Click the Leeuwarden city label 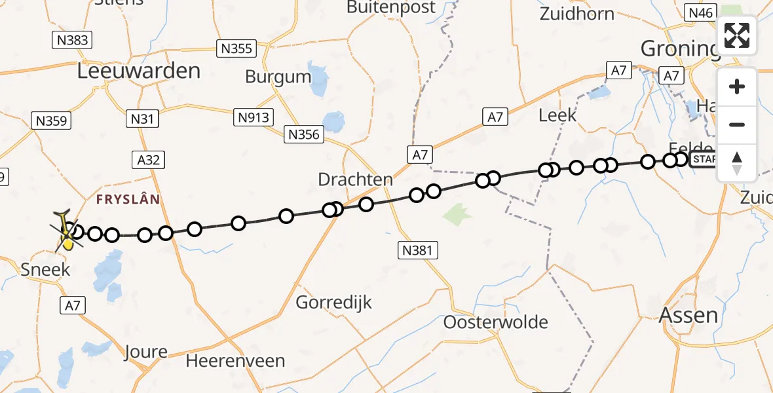139,71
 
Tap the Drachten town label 355,179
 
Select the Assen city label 688,316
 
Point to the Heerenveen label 235,361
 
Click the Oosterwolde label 495,322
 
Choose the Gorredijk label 333,303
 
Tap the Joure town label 145,352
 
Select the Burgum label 278,77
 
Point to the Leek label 557,115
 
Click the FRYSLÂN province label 127,199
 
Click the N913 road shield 254,117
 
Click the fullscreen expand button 737,35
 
